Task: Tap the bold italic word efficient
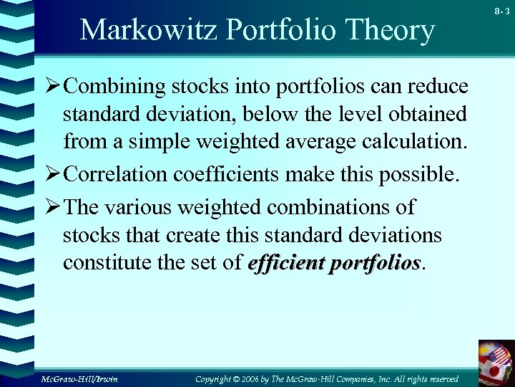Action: [283, 264]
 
